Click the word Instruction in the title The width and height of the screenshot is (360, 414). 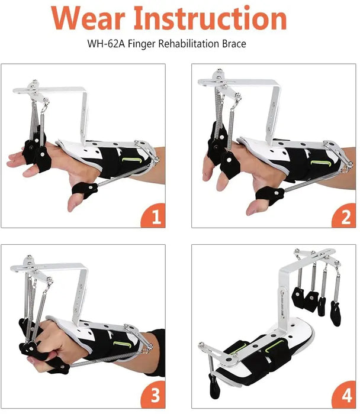211,17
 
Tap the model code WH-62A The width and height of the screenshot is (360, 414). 106,44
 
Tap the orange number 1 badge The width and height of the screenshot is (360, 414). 153,216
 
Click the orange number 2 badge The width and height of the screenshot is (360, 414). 345,216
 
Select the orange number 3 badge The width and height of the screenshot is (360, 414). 153,394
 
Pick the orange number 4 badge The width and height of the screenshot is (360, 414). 345,394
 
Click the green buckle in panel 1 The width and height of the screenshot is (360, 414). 131,160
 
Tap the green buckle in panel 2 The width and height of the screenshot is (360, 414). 321,163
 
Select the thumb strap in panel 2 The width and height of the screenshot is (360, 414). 269,196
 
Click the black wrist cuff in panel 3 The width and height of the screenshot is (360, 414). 157,351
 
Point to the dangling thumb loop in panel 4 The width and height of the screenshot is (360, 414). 214,386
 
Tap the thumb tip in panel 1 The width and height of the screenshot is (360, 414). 72,206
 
